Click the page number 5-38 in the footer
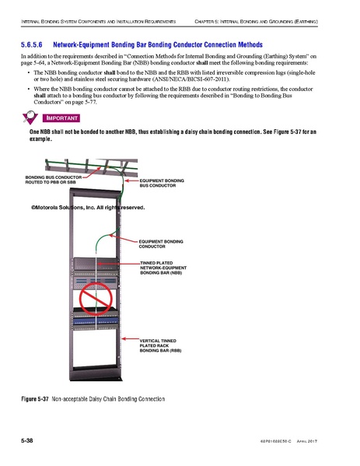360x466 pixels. point(29,441)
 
